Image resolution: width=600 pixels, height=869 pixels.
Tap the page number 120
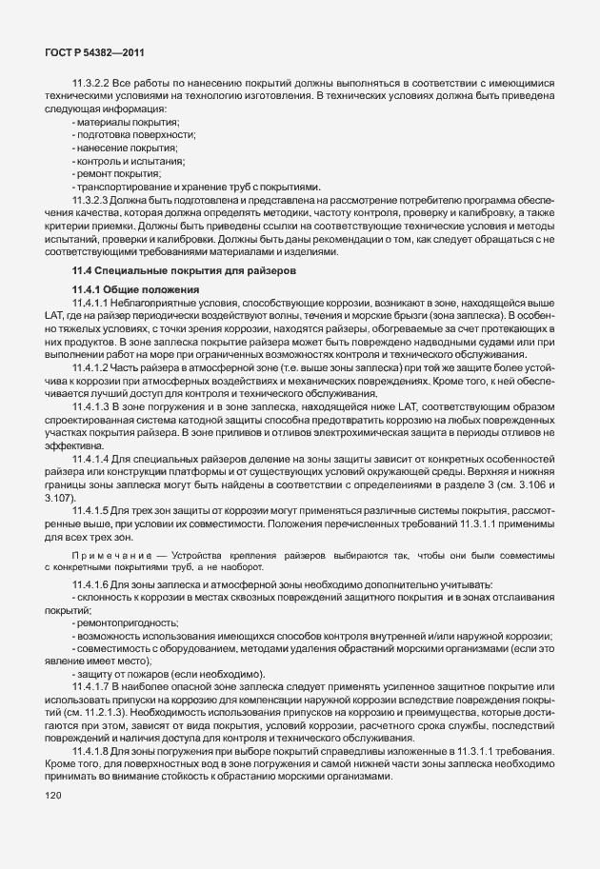53,820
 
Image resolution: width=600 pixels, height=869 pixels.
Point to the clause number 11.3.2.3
90,201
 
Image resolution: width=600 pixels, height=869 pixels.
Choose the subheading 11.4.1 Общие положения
134,289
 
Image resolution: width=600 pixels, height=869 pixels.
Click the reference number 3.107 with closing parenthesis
59,498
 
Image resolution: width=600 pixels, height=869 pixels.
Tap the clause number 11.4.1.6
90,583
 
